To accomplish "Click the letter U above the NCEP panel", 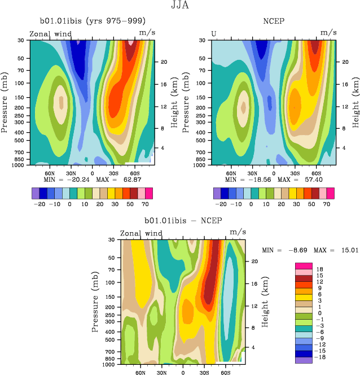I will [x=214, y=34].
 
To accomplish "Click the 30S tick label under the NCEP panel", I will [x=294, y=173].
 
